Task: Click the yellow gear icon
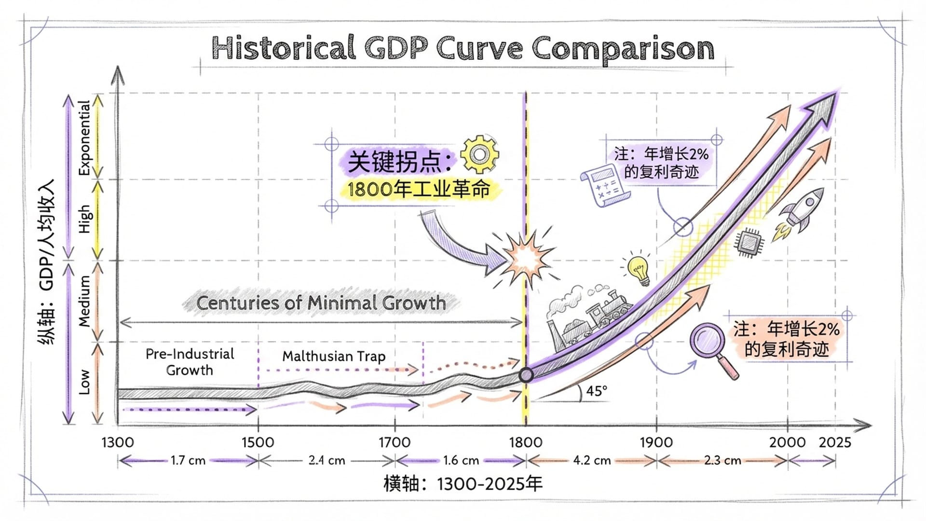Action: coord(479,154)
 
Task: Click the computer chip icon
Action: coord(749,242)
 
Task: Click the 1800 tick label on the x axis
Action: coord(525,442)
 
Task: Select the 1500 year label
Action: coord(258,442)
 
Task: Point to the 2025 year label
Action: coord(835,442)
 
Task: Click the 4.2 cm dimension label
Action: coord(592,461)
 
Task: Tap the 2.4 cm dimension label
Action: coord(327,461)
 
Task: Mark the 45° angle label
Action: coord(597,391)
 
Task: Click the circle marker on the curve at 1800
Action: coord(526,375)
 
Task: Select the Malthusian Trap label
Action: coord(334,356)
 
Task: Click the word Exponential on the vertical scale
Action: coord(84,137)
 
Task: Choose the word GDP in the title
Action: coord(395,48)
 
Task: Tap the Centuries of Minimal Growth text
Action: coord(321,303)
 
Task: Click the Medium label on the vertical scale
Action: coord(84,302)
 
